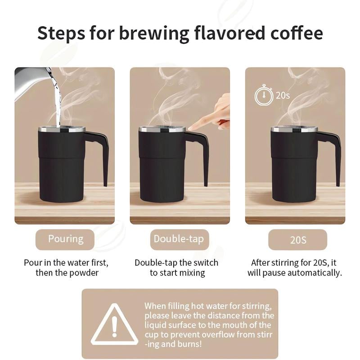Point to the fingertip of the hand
point(191,128)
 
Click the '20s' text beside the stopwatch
point(282,95)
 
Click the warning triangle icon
point(114,324)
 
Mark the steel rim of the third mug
point(293,130)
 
